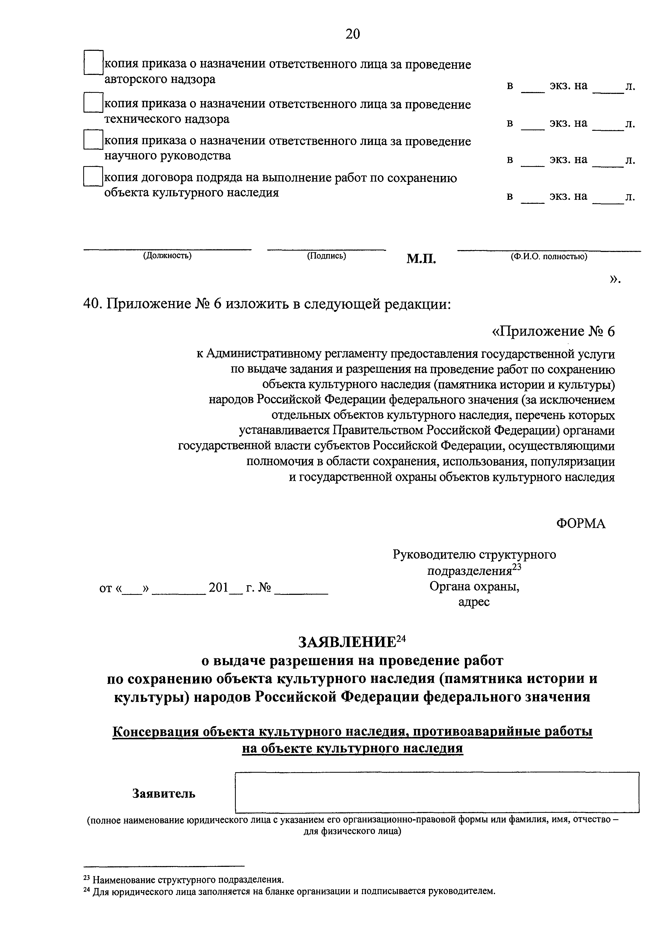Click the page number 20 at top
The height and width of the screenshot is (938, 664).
[x=352, y=34]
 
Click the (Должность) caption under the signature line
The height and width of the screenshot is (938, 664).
[x=167, y=256]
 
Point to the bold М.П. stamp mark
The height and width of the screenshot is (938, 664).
[x=421, y=259]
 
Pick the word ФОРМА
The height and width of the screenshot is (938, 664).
[x=580, y=524]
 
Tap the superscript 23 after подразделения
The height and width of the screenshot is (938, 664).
[x=517, y=567]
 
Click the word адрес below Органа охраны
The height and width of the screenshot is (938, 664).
[x=474, y=602]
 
